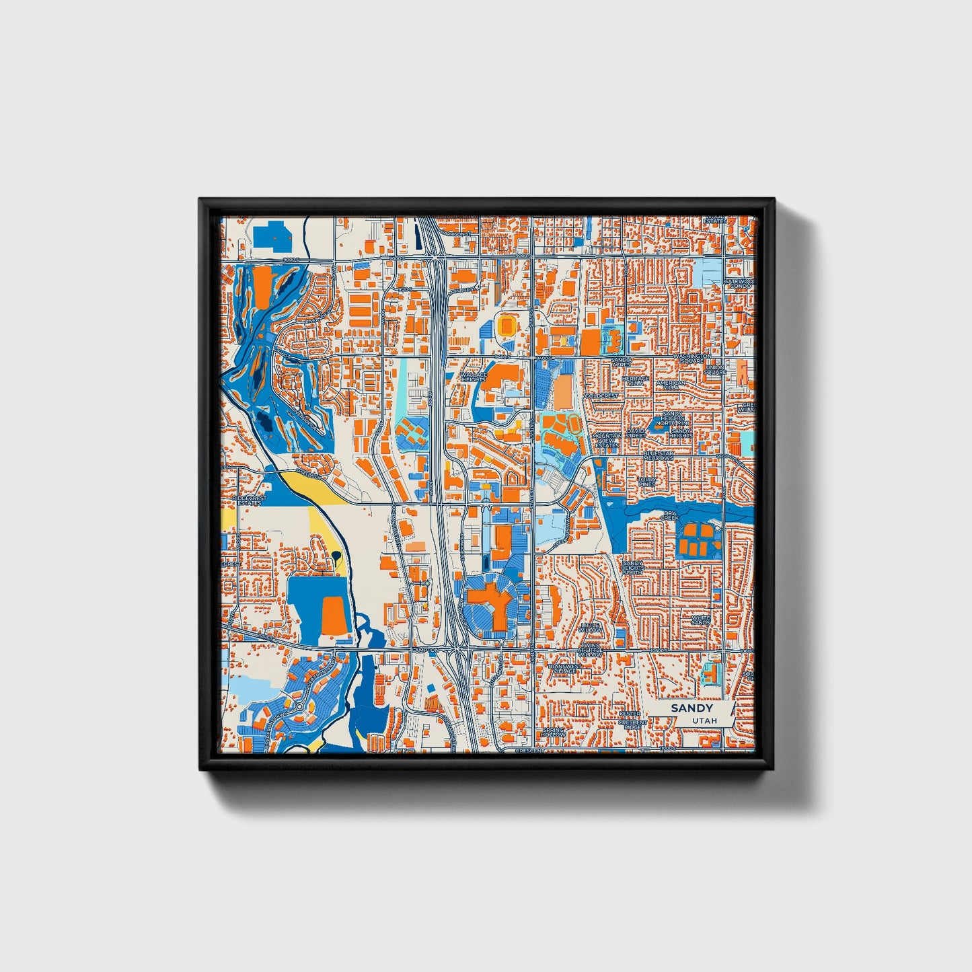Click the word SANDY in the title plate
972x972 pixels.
pos(691,708)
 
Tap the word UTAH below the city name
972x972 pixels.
pos(704,720)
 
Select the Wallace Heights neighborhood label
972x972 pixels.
pos(474,377)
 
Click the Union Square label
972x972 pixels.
pos(715,370)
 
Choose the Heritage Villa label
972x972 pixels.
pos(636,381)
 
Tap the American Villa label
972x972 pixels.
pos(671,385)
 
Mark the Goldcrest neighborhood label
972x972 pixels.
pos(601,396)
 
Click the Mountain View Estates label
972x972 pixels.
pos(607,440)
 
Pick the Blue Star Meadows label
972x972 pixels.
pos(658,456)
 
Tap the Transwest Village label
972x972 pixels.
pos(562,669)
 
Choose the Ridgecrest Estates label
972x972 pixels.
pos(250,500)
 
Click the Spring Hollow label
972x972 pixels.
pos(553,732)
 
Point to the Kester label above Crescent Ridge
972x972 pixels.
pos(630,713)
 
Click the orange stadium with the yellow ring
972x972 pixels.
pos(505,326)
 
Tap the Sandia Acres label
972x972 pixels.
pos(621,362)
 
